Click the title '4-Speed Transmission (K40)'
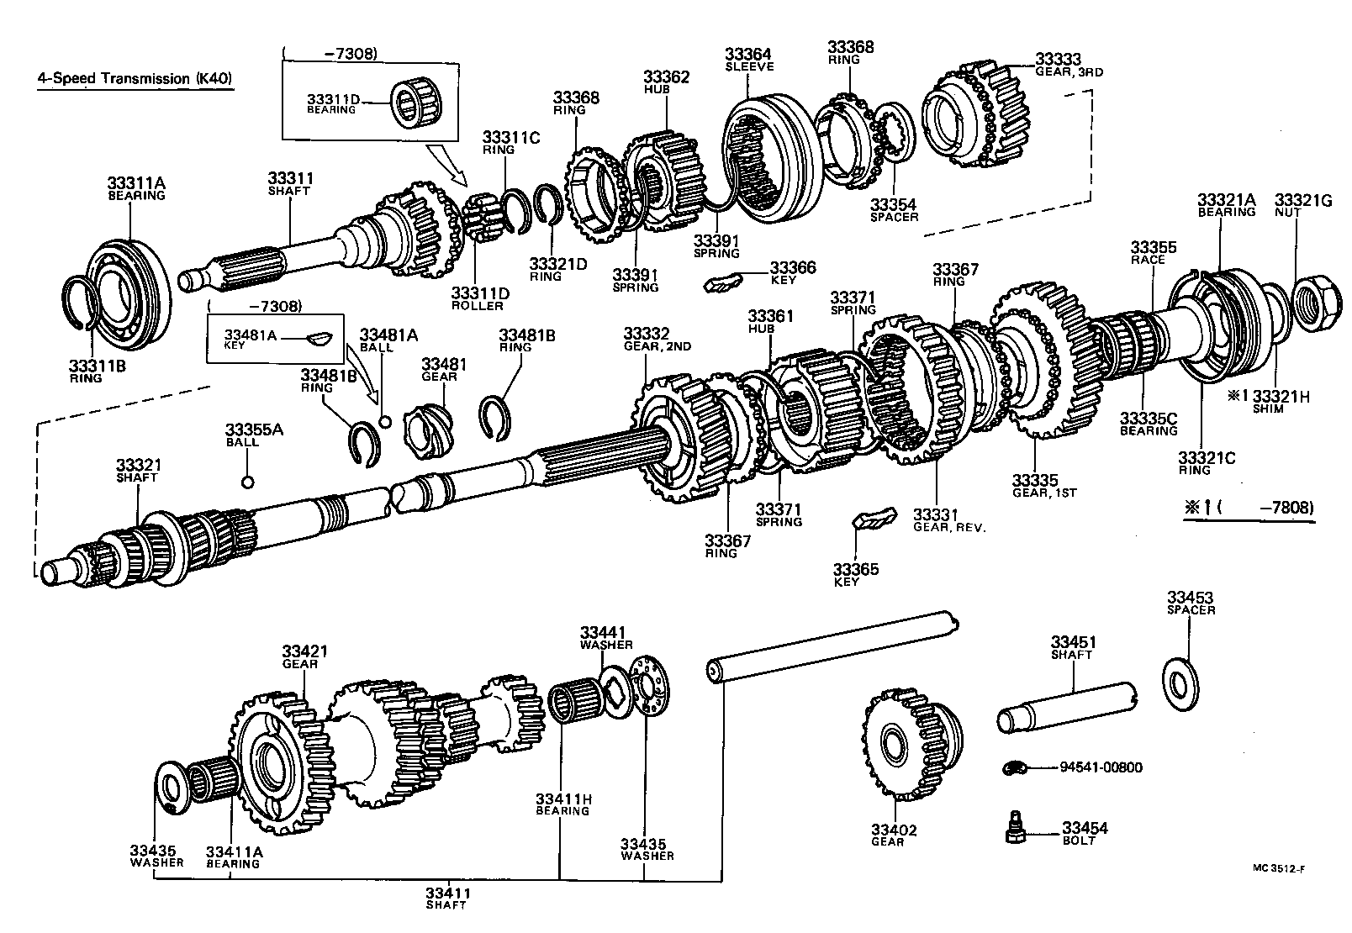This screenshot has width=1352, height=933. pos(135,78)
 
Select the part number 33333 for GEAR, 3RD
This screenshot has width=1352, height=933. pos(1057,59)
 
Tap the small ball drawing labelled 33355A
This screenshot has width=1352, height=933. pos(247,482)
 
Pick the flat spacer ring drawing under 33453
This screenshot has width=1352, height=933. pos(1186,679)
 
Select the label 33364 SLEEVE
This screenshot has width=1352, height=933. pos(748,60)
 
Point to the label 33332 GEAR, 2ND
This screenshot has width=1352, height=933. pos(657,340)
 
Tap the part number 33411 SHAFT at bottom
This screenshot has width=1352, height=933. pos(446,897)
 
